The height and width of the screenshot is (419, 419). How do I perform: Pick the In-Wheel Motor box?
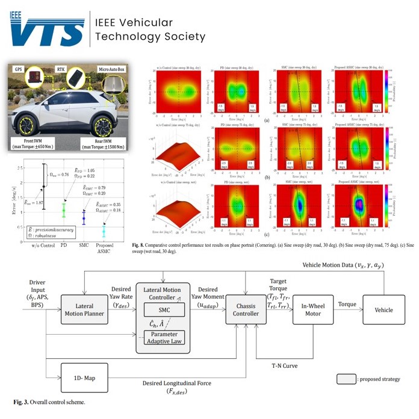click(x=313, y=310)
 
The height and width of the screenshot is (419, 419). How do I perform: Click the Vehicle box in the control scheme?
click(x=383, y=310)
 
